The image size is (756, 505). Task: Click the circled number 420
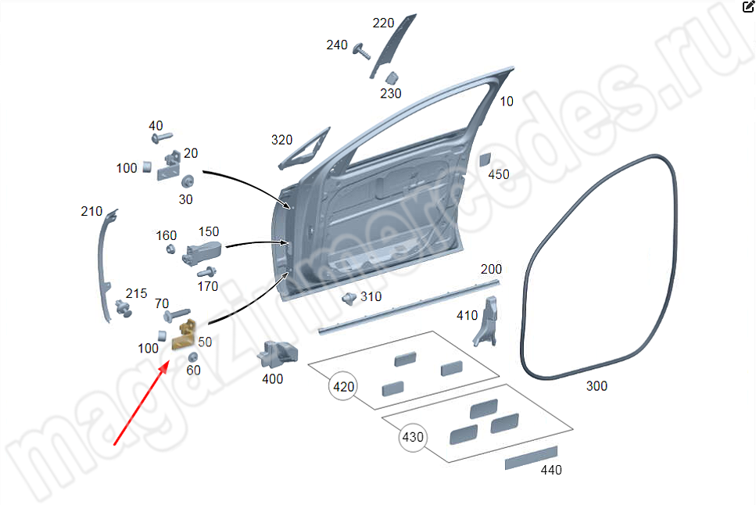[x=344, y=386]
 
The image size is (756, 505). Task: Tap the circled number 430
[x=413, y=437]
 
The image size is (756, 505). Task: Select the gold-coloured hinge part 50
[x=186, y=336]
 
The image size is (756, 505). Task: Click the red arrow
[x=142, y=402]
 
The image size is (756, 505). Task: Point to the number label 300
[x=596, y=386]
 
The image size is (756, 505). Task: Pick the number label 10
[x=507, y=101]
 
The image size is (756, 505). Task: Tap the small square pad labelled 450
[x=485, y=159]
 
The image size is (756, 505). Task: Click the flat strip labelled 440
[x=531, y=459]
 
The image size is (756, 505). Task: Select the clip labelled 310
[x=349, y=297]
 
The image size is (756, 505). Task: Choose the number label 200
[x=491, y=269]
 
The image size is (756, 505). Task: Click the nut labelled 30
[x=187, y=182]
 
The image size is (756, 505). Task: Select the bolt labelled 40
[x=163, y=138]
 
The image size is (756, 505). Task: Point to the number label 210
[x=91, y=212]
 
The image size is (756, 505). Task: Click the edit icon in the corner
[x=747, y=6]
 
